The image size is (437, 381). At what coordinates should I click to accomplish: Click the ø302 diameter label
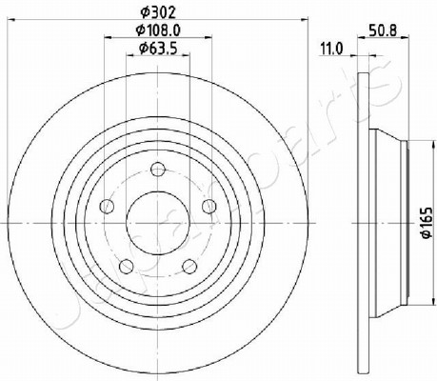[158, 12]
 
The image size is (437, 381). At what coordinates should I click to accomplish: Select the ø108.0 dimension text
[158, 30]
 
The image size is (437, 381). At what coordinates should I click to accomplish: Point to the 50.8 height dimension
[383, 30]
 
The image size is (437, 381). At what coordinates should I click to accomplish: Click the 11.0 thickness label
[332, 50]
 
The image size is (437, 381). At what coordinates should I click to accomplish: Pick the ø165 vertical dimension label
[427, 222]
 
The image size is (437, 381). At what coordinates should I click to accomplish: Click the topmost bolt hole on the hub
[158, 170]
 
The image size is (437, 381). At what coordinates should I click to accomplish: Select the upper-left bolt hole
[107, 207]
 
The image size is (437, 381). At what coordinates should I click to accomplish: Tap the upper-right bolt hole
[209, 207]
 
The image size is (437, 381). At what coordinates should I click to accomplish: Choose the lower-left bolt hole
[127, 266]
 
